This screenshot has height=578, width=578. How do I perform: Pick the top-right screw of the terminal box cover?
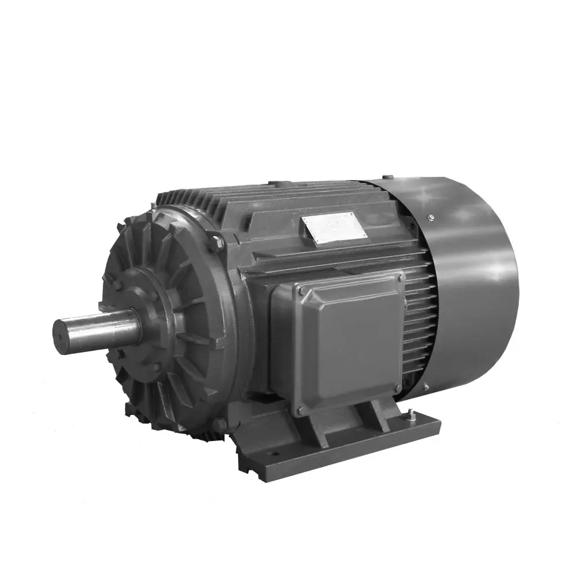[x=400, y=278]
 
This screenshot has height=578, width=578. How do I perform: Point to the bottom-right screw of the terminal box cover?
[x=398, y=388]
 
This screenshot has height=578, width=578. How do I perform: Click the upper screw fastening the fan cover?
[x=431, y=217]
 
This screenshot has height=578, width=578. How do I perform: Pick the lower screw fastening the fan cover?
[x=426, y=387]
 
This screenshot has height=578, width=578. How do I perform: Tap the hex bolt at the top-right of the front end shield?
[x=218, y=242]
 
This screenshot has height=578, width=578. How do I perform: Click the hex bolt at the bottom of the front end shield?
[x=218, y=425]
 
